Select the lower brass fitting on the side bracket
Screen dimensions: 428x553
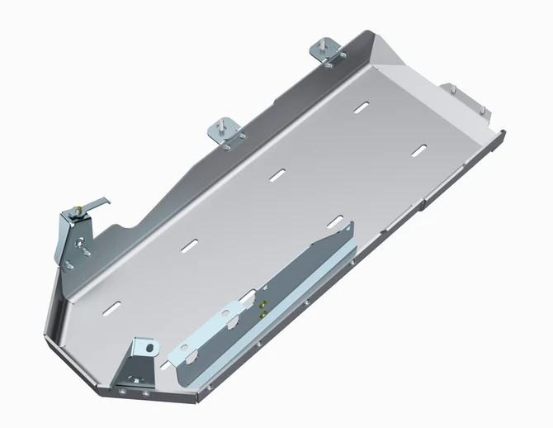point(262,314)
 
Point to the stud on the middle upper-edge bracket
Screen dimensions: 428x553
point(224,121)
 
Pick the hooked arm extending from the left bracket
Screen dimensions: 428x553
point(97,205)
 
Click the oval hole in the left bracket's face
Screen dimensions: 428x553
point(83,244)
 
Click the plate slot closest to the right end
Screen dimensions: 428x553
point(420,150)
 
